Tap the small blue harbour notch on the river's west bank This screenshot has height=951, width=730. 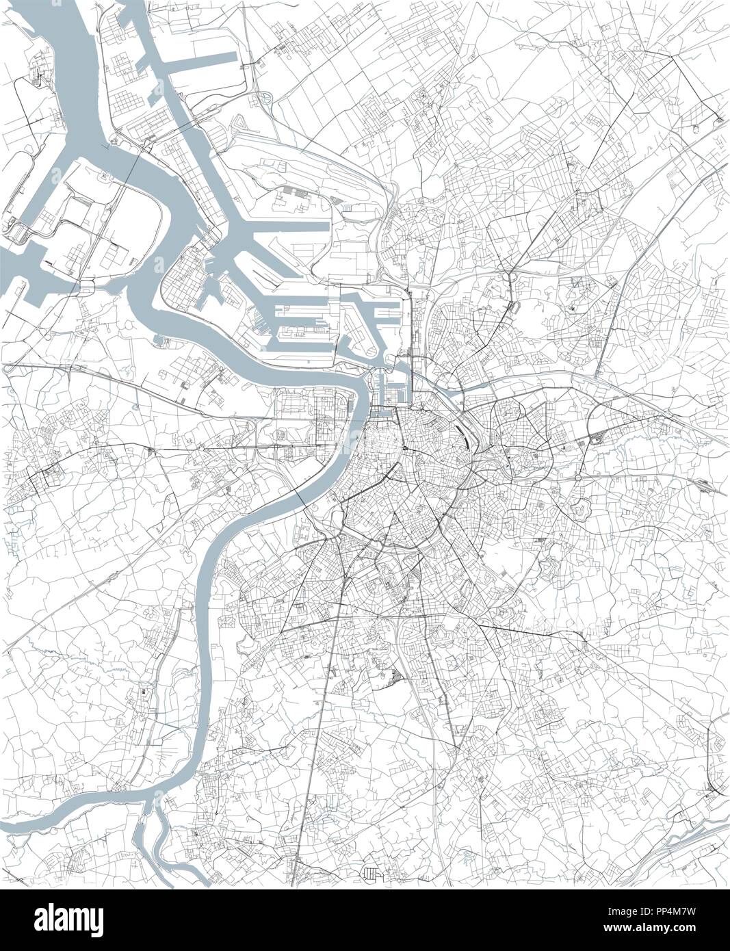tap(158, 338)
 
